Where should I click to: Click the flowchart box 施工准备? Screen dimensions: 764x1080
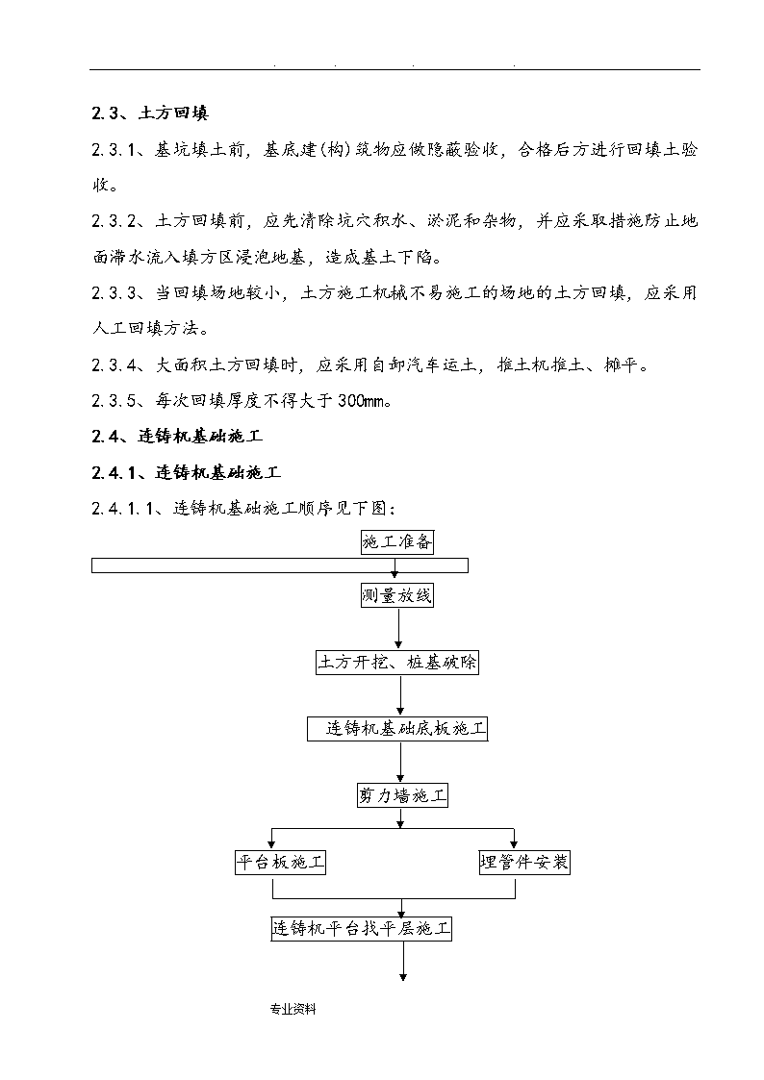point(397,542)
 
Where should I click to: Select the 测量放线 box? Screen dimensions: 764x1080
point(397,595)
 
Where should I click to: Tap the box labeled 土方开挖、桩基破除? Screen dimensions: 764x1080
point(397,663)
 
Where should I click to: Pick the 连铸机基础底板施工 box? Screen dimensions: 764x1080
point(397,729)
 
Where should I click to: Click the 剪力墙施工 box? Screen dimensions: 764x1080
point(402,795)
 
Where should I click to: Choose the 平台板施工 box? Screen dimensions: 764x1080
point(280,863)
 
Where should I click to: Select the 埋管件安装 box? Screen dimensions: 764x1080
point(525,863)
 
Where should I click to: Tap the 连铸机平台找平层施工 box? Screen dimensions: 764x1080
point(362,929)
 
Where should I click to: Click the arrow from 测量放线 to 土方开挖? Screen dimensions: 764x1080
point(398,629)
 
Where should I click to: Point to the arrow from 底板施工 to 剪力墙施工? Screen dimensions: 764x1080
point(401,763)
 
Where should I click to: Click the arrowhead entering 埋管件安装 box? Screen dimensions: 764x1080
point(515,845)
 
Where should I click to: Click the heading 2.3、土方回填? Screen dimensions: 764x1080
point(150,113)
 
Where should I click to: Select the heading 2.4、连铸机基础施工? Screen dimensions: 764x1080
point(177,436)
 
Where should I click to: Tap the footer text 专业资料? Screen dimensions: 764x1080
point(293,1009)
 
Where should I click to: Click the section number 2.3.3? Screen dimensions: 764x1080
point(115,293)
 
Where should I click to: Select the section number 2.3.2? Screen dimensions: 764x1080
point(115,221)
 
